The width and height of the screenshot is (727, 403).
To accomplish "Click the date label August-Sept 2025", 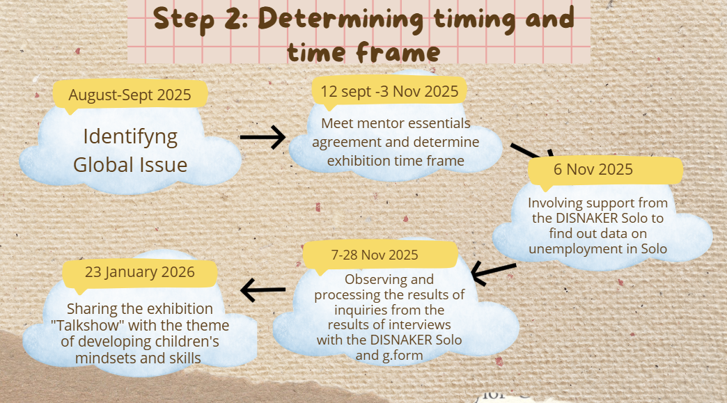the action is click(x=130, y=95).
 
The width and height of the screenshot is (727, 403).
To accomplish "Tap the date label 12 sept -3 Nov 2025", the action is click(x=389, y=91).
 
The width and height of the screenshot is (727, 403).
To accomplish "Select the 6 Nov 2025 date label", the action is click(x=593, y=169).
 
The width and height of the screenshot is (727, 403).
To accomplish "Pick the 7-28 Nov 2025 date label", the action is click(x=375, y=255).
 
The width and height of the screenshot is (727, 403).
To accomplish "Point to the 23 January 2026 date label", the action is click(x=139, y=272).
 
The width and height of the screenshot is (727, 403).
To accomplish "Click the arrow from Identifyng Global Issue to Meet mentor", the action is click(x=263, y=137).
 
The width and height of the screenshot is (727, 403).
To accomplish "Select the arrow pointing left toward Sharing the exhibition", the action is click(x=263, y=290).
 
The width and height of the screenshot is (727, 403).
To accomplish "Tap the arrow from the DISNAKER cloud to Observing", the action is click(x=493, y=272).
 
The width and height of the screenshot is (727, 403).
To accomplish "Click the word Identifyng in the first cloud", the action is click(x=130, y=137).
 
